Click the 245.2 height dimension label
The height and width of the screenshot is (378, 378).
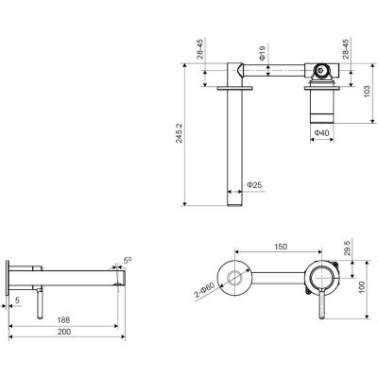click(179, 132)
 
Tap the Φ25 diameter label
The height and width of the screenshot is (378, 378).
click(254, 185)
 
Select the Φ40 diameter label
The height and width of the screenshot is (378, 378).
click(321, 133)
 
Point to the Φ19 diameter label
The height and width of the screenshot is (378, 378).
click(262, 53)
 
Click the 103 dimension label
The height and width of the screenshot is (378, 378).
click(367, 91)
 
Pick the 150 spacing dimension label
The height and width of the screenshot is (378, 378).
click(281, 247)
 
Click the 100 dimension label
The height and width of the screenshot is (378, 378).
click(362, 287)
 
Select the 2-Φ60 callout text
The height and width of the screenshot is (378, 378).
click(204, 291)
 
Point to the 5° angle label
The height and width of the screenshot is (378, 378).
click(128, 260)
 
